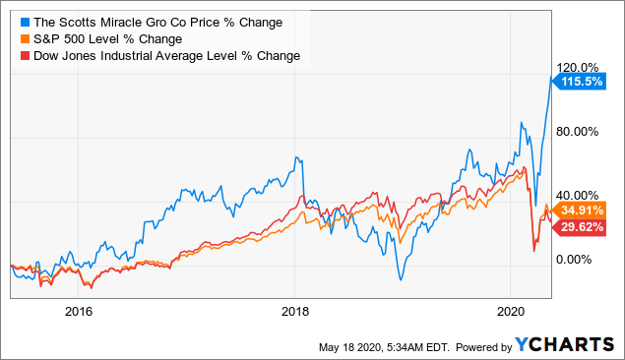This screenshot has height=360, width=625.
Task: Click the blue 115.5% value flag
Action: (582, 82)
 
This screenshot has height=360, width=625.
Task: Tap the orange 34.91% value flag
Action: (582, 210)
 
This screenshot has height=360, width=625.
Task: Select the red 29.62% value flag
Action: (582, 226)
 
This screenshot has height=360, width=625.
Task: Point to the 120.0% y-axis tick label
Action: (580, 67)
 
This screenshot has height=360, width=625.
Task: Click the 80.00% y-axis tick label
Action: (580, 131)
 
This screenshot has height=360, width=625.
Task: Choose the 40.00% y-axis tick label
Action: (580, 195)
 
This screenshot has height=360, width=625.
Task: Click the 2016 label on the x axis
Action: (78, 312)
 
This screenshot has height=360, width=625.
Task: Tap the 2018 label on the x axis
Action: (294, 312)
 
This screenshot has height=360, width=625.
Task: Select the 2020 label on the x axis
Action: (511, 312)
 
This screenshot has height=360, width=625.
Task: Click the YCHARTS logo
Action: (565, 345)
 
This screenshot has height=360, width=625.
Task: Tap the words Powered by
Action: (477, 346)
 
